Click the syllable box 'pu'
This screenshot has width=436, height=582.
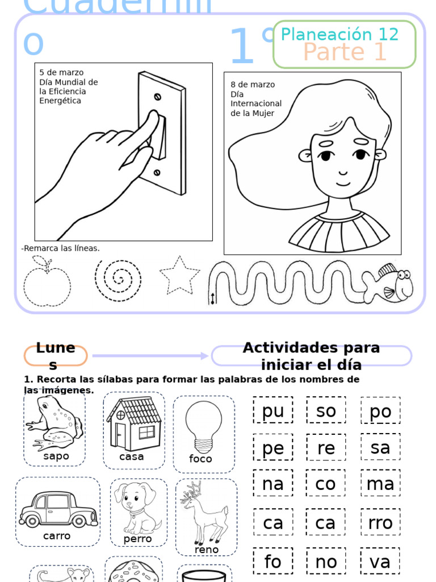coord(273,410)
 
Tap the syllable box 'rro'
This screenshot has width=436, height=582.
coord(380,522)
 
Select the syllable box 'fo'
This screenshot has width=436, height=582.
coord(272,561)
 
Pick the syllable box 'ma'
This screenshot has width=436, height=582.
coord(380,484)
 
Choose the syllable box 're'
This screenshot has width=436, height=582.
coord(326,447)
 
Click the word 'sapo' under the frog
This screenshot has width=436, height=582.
coord(56,456)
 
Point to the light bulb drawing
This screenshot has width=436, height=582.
coord(203,425)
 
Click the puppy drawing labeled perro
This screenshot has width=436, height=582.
coord(137,507)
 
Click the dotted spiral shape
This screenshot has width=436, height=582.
coord(118,280)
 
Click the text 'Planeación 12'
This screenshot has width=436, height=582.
coord(339,34)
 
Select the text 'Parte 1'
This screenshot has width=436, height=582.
coord(345,52)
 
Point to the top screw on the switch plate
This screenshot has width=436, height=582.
coord(158,97)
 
